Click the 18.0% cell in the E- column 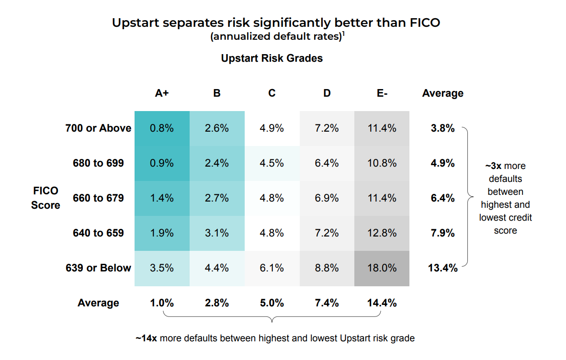[382, 268]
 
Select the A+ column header [162, 93]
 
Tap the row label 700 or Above [98, 128]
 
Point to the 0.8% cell [162, 128]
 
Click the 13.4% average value [442, 268]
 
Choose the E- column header [382, 93]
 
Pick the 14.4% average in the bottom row [382, 303]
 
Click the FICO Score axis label [45, 198]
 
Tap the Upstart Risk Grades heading [272, 58]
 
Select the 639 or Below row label [98, 268]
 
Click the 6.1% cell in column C [272, 268]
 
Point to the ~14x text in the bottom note [146, 338]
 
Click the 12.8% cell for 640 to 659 [382, 233]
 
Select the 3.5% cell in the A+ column [162, 268]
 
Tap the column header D [327, 93]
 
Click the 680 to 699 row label [98, 163]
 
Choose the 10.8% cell [382, 163]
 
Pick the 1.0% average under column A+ [162, 303]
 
